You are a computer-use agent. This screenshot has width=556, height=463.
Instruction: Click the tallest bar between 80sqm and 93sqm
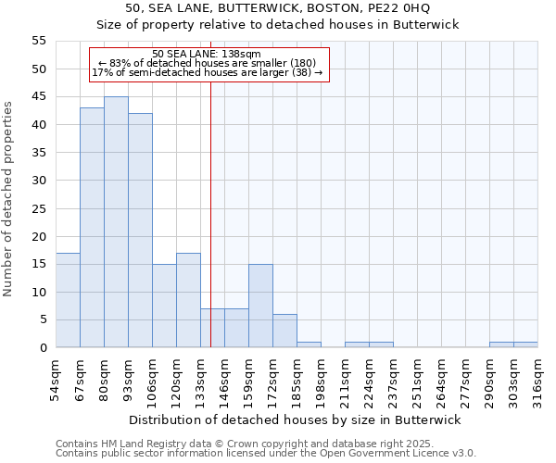click(x=116, y=222)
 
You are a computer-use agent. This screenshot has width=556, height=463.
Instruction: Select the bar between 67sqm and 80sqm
click(x=92, y=228)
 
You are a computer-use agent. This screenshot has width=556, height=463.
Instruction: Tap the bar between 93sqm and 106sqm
click(x=140, y=231)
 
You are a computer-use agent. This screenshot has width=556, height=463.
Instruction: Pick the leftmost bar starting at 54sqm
click(x=68, y=300)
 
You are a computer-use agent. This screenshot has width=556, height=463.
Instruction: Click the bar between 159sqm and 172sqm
click(x=260, y=306)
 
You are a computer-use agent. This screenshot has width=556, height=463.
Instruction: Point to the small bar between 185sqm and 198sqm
click(x=309, y=344)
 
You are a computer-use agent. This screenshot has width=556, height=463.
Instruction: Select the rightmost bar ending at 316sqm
click(x=525, y=344)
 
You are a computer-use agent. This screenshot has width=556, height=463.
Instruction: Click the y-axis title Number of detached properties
click(x=9, y=198)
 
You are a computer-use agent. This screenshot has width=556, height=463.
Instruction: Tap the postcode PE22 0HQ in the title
click(x=404, y=8)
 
